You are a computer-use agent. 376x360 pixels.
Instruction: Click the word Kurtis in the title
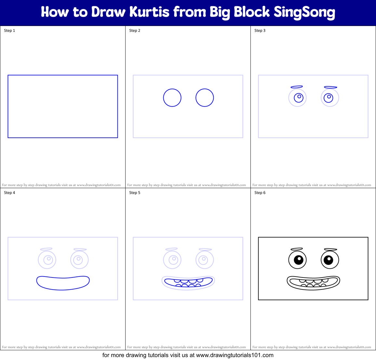click(x=149, y=12)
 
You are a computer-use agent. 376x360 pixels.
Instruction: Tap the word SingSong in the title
click(x=304, y=12)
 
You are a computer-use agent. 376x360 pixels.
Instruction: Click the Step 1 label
click(x=9, y=31)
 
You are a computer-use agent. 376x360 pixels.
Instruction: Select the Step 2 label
click(x=135, y=31)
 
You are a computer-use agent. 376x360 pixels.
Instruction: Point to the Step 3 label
click(x=260, y=31)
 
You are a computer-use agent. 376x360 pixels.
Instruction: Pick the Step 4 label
click(x=9, y=193)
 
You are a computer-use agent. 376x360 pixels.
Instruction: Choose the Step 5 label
click(x=135, y=193)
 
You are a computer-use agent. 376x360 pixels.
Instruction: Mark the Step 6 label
click(x=260, y=193)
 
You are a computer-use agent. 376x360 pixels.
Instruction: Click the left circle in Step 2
click(x=172, y=97)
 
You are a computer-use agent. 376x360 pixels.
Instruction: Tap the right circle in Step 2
click(x=205, y=97)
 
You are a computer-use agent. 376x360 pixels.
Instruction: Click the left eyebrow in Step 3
click(x=297, y=87)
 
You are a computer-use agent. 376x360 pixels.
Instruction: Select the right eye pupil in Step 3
click(x=329, y=97)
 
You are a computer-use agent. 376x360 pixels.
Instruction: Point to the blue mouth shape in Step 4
click(x=63, y=283)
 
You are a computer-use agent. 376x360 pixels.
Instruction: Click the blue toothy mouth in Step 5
click(x=188, y=282)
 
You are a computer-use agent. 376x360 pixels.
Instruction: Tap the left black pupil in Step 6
click(x=299, y=260)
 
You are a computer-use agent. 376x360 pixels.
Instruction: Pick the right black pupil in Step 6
click(x=329, y=260)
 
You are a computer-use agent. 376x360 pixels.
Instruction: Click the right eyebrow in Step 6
click(x=330, y=249)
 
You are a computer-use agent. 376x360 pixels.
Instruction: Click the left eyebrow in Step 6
click(x=297, y=249)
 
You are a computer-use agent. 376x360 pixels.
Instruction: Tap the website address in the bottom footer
click(x=235, y=355)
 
